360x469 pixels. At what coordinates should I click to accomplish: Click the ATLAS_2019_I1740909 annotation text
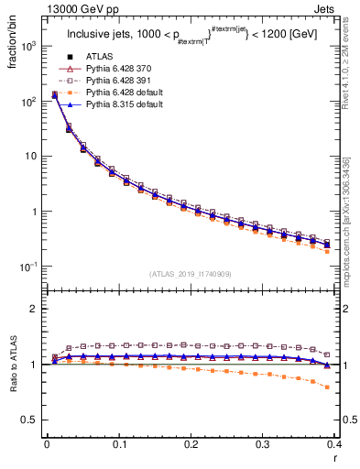coord(191,274)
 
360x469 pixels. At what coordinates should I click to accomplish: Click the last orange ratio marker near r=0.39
coord(328,387)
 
